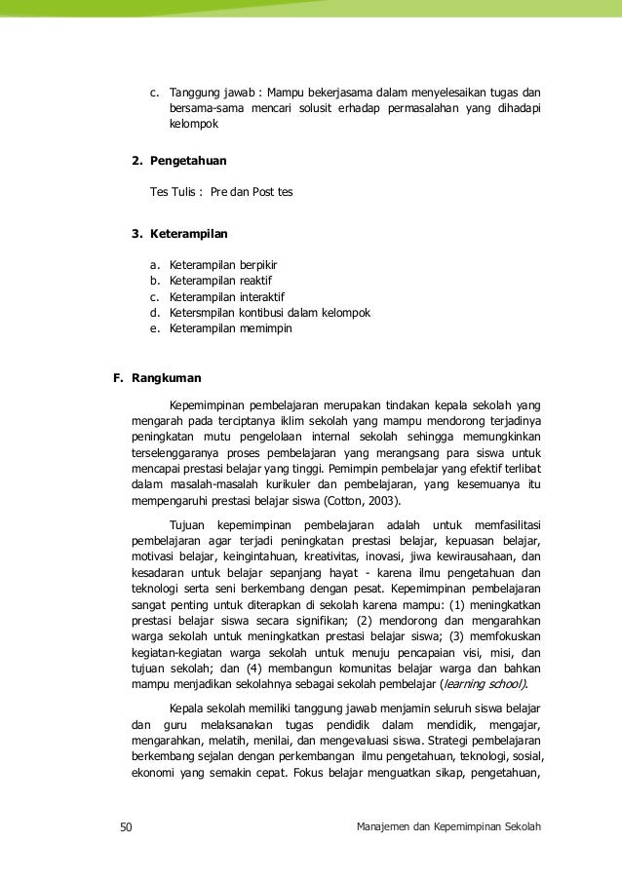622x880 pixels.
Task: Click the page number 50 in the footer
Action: click(125, 828)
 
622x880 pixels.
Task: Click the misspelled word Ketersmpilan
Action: click(203, 313)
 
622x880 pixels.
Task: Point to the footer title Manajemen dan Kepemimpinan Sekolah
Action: click(449, 828)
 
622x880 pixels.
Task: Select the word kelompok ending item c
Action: click(194, 125)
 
